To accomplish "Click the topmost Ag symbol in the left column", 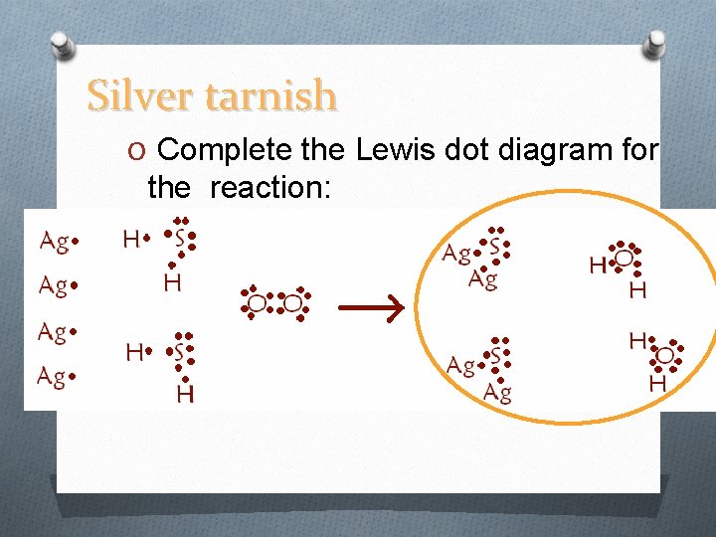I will click(x=54, y=241).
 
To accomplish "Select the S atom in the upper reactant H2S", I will click(x=180, y=240).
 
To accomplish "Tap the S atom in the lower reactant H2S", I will click(x=180, y=352).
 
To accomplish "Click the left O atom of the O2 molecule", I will click(x=257, y=302).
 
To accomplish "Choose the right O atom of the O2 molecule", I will click(x=292, y=302).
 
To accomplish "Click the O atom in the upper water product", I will click(x=624, y=258).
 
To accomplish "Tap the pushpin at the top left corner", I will click(x=61, y=46).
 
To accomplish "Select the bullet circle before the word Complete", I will click(x=137, y=151).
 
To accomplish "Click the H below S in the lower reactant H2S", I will click(x=184, y=395).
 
